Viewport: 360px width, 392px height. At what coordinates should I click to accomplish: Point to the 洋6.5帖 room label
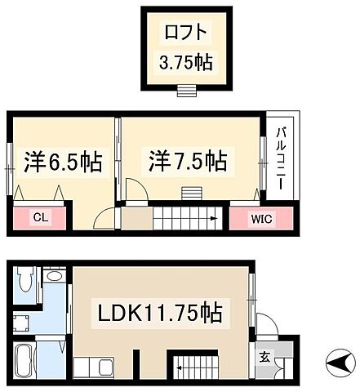coord(63,162)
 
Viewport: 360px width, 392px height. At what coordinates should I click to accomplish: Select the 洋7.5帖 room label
coord(187,159)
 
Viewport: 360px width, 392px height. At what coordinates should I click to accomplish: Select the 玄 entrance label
coord(265,356)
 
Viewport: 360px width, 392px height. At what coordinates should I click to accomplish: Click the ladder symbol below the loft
coord(185,89)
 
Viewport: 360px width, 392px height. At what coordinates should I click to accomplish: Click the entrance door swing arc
coord(264,323)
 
